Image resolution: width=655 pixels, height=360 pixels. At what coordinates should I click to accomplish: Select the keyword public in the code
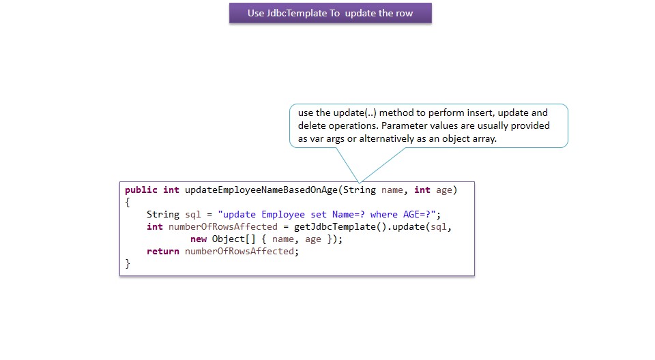coord(141,190)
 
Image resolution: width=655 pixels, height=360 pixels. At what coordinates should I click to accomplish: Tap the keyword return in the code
coord(162,251)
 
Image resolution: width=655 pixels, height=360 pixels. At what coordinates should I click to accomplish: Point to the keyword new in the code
coord(199,239)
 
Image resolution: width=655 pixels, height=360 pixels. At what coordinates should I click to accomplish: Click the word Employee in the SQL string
coord(283,214)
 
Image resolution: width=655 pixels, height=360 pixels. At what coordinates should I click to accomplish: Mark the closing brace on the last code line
coord(128,263)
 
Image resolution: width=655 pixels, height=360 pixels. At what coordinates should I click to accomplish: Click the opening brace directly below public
coord(128,202)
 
